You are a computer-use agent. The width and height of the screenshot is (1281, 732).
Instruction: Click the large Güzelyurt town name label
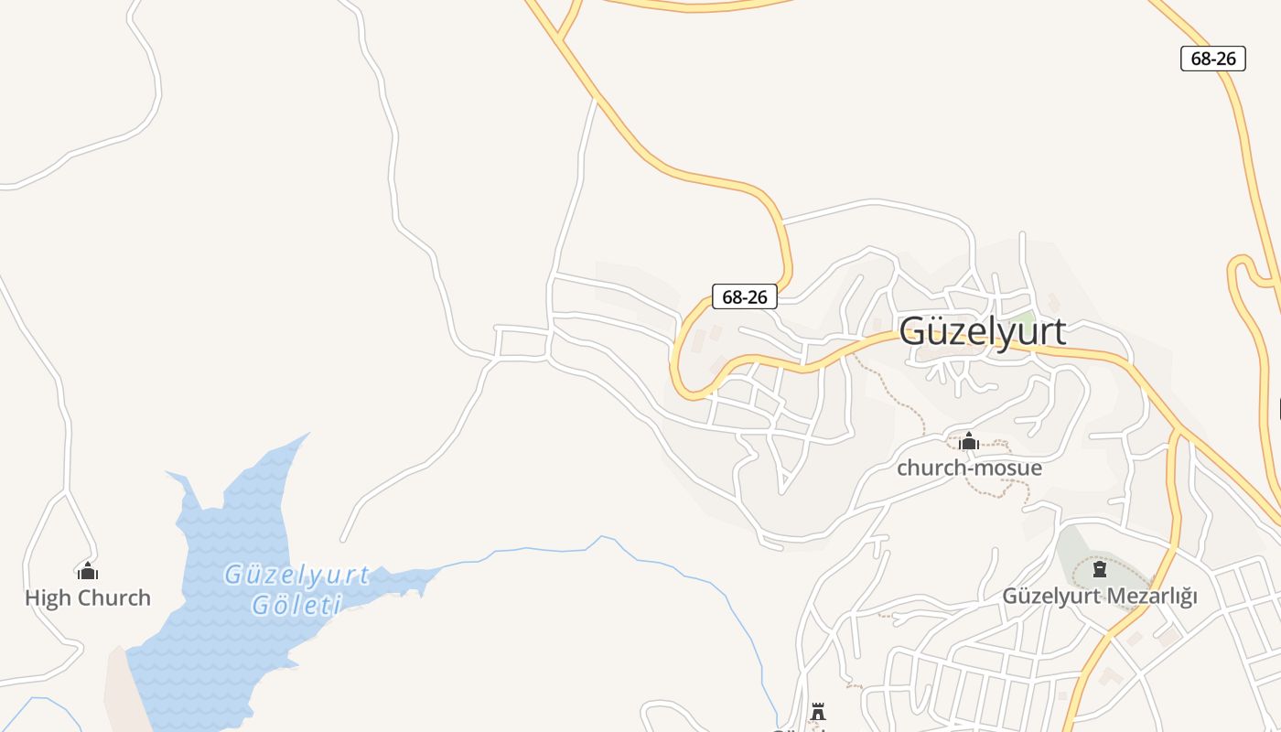(982, 331)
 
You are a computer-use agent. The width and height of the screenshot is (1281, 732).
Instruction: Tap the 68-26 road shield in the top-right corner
(1213, 59)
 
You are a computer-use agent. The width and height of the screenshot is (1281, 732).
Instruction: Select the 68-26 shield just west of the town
(745, 296)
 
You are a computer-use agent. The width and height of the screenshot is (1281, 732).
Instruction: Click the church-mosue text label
(969, 468)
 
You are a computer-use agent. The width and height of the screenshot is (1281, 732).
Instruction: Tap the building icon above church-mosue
(969, 443)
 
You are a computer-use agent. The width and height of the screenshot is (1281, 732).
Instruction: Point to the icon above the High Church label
(88, 572)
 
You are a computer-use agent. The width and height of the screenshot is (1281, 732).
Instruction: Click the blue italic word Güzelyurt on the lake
(297, 575)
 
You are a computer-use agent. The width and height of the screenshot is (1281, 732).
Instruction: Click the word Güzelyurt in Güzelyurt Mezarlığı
(1052, 596)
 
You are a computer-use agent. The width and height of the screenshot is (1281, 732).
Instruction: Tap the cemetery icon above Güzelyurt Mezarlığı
(1100, 570)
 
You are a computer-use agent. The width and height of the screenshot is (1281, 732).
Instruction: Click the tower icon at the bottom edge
(818, 712)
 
